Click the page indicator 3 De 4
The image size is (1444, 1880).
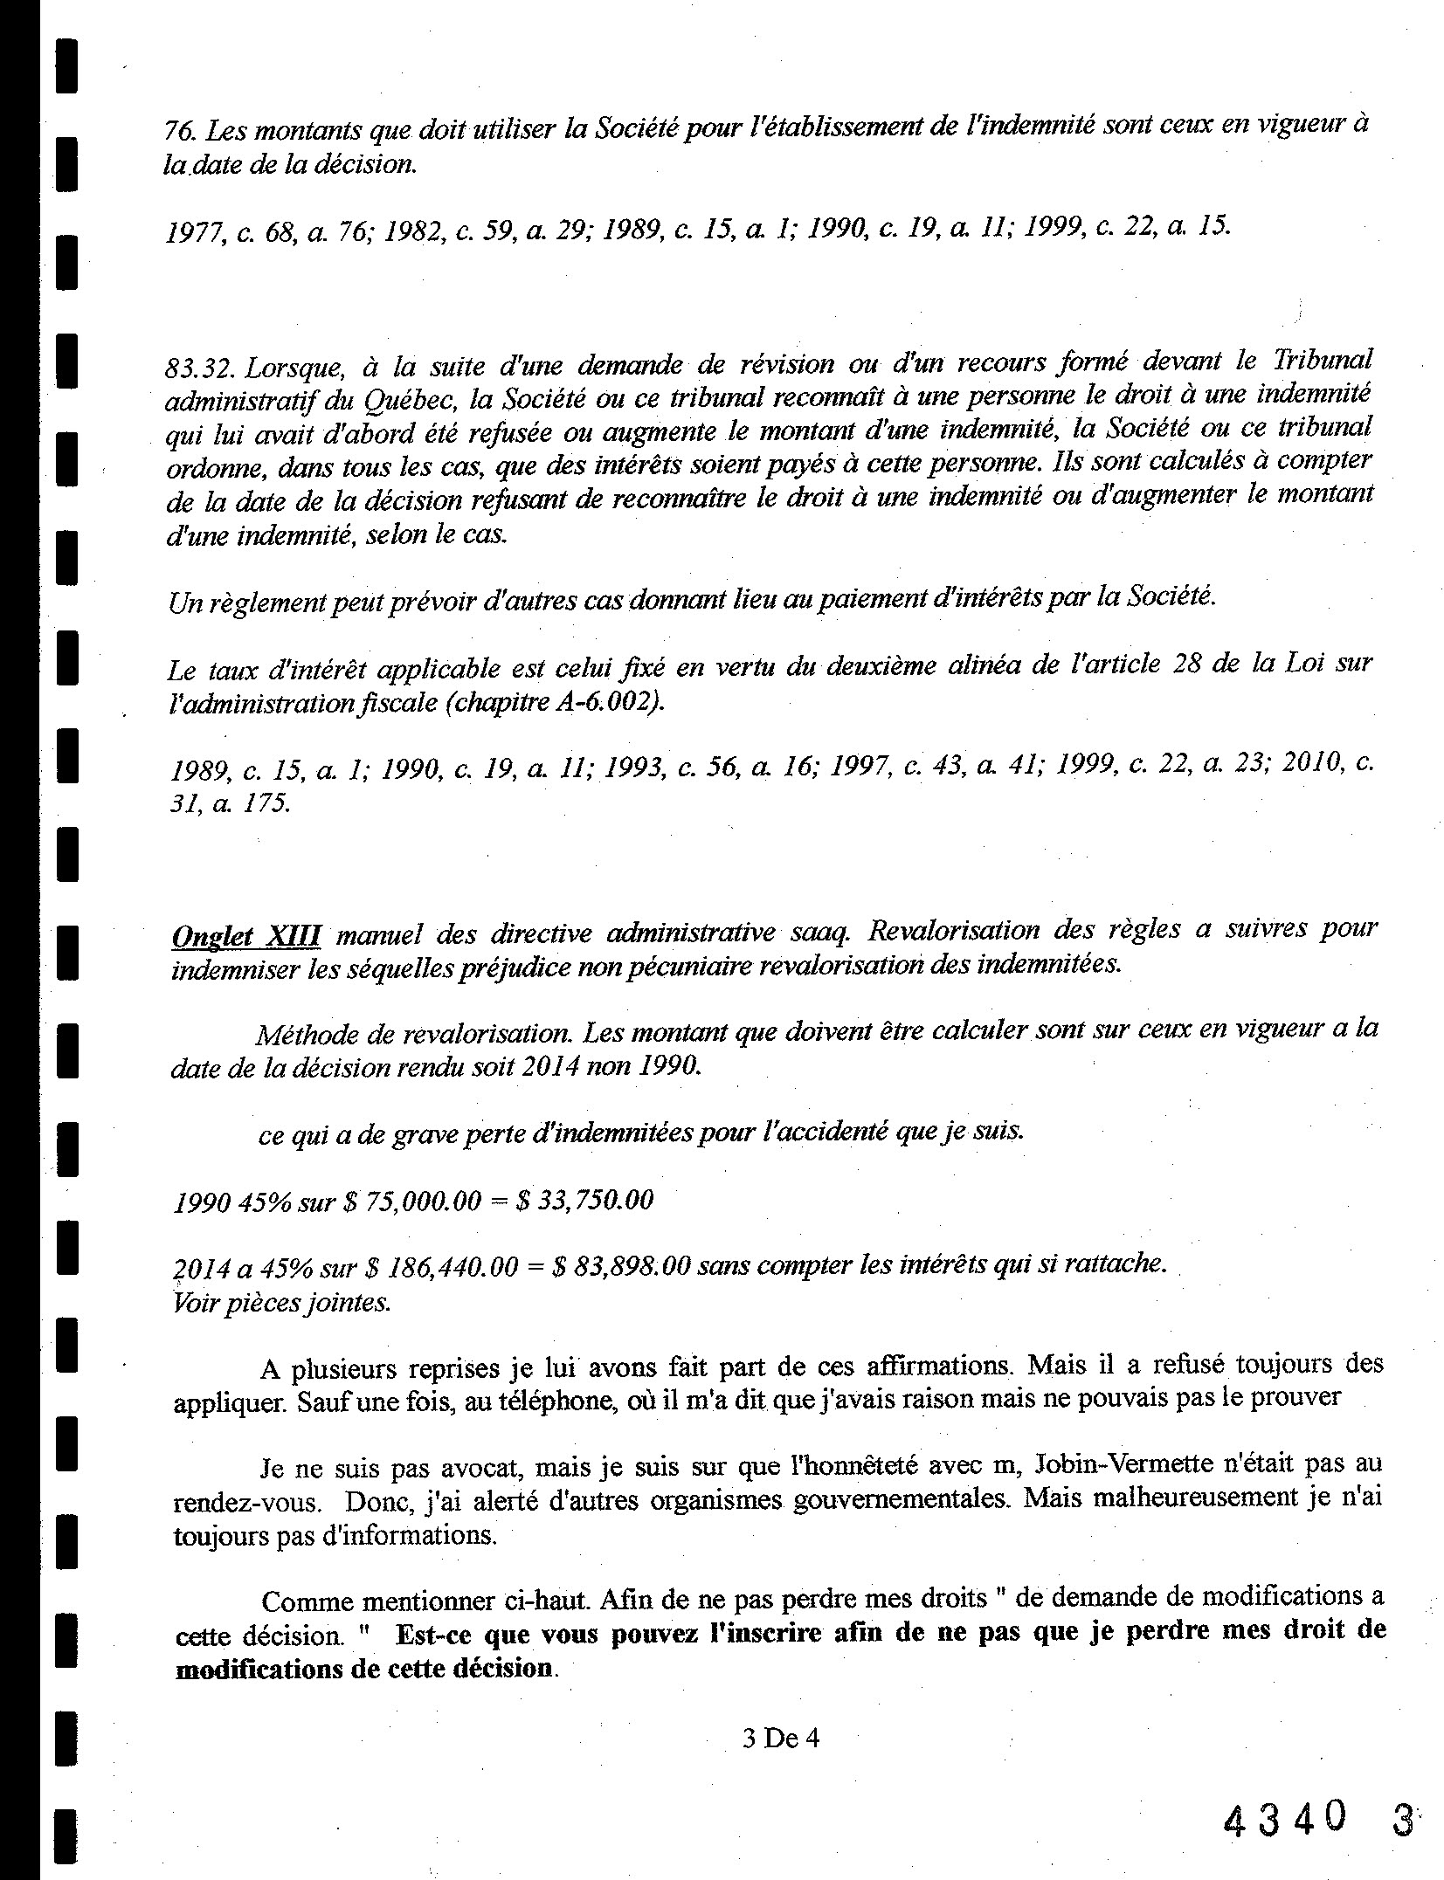point(780,1738)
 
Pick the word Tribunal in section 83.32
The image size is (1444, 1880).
point(1322,360)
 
